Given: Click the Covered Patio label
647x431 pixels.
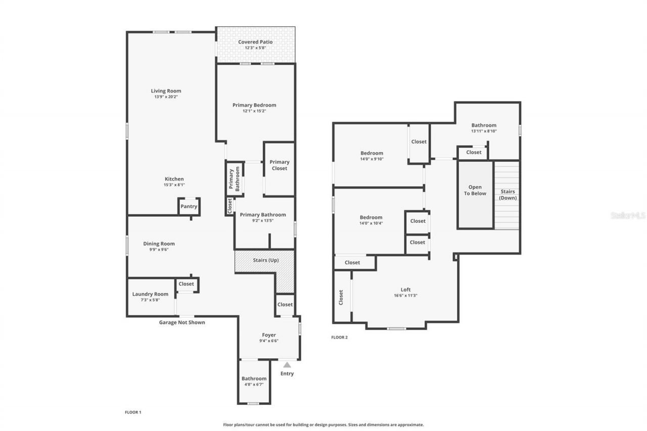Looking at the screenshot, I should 255,42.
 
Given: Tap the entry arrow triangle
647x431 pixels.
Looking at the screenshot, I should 287,364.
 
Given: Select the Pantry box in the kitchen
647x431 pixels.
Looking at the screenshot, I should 189,206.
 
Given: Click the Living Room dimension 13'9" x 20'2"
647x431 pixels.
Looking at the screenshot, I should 166,97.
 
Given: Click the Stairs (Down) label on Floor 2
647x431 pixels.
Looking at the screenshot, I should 507,195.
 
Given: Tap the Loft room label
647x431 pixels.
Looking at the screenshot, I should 405,290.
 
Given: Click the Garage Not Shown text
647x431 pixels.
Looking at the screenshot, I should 182,322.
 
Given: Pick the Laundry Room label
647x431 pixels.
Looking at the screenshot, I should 150,294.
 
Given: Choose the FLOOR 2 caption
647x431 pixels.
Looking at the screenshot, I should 340,338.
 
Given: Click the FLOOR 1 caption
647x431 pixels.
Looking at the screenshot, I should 133,412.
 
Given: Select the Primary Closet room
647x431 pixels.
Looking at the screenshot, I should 280,166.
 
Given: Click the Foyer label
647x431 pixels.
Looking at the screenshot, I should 269,335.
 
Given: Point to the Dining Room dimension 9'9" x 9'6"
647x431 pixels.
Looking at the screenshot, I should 159,250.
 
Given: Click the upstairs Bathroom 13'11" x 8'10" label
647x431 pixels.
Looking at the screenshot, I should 484,125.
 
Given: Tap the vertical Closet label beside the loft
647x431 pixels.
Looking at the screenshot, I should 341,297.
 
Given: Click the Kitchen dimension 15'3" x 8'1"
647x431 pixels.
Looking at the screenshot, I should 174,185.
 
